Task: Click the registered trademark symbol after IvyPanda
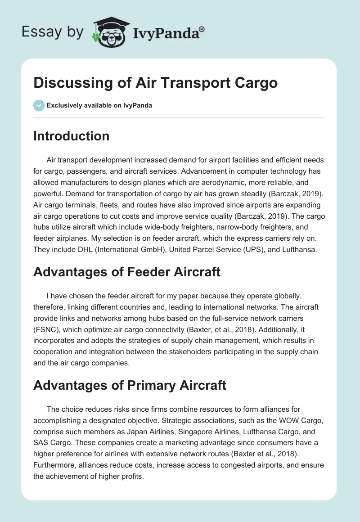pos(202,29)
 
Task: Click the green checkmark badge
pos(39,105)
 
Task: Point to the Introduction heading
pos(71,136)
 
